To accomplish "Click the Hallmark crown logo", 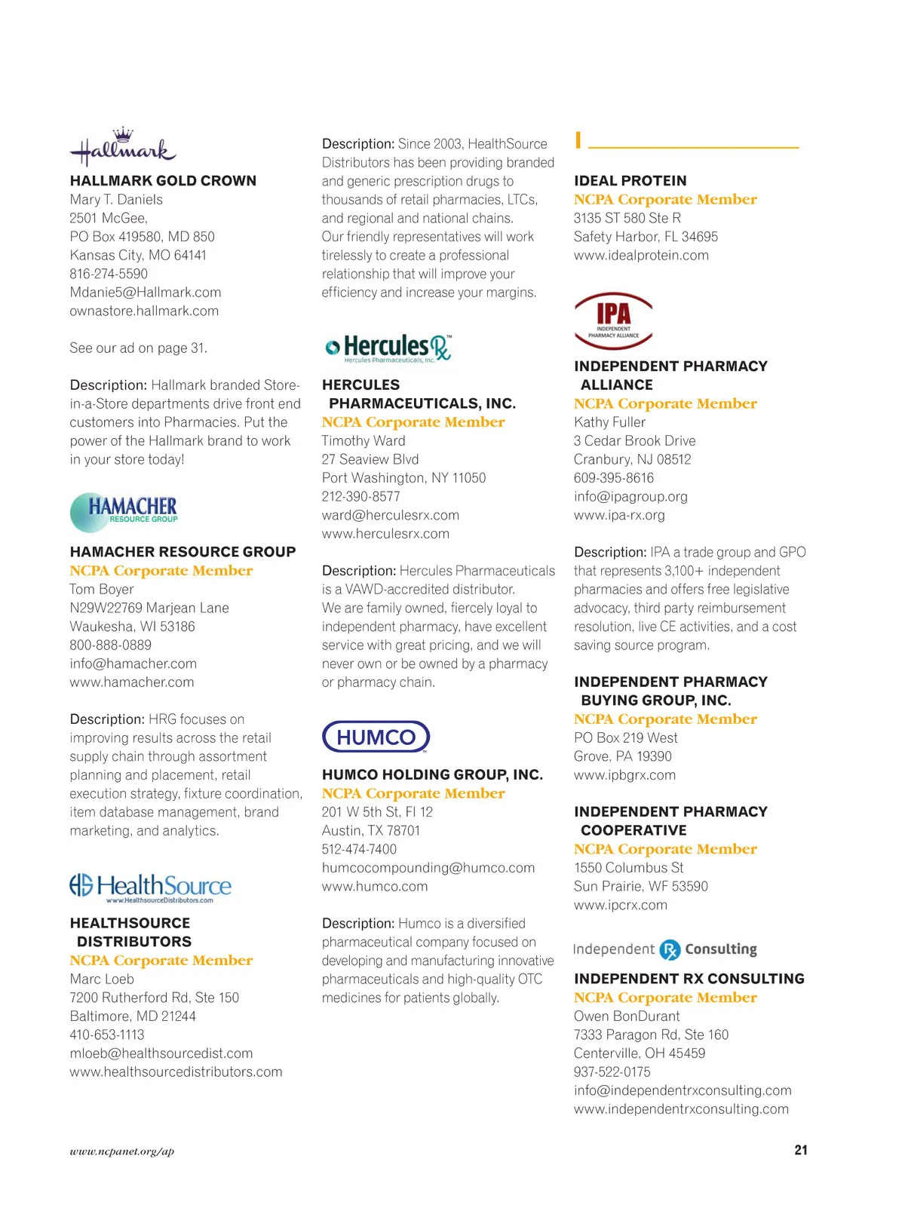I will pyautogui.click(x=123, y=147).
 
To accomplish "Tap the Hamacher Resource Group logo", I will pyautogui.click(x=124, y=511).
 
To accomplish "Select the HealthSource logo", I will pyautogui.click(x=150, y=888).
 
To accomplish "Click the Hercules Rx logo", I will pyautogui.click(x=388, y=348).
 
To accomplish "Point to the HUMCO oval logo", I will pyautogui.click(x=376, y=737).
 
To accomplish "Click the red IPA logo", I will pyautogui.click(x=613, y=320).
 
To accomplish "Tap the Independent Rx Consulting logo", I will pyautogui.click(x=664, y=949).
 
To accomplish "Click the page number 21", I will pyautogui.click(x=800, y=1150).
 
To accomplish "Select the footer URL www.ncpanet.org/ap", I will pyautogui.click(x=121, y=1151).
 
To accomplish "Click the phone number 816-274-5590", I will pyautogui.click(x=109, y=274).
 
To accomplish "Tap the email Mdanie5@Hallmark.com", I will pyautogui.click(x=146, y=293).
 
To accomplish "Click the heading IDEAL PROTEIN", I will pyautogui.click(x=630, y=181).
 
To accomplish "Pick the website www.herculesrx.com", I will pyautogui.click(x=385, y=534).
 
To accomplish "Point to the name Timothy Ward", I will pyautogui.click(x=364, y=440).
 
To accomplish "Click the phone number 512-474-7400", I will pyautogui.click(x=359, y=849).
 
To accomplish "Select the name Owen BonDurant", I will pyautogui.click(x=627, y=1016).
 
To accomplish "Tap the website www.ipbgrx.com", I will pyautogui.click(x=624, y=775).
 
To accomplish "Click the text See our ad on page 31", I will pyautogui.click(x=138, y=348).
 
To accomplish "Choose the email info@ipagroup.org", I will pyautogui.click(x=630, y=497).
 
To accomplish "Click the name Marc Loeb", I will pyautogui.click(x=102, y=979).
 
